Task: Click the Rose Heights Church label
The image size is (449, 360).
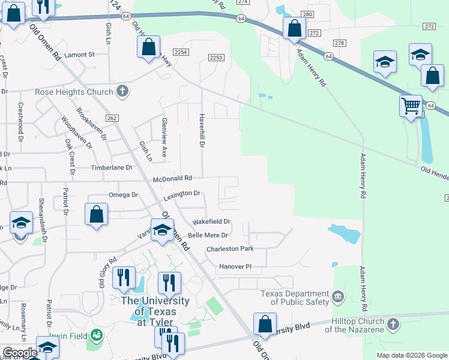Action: coord(74,92)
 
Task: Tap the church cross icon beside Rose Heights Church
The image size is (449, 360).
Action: coord(122,91)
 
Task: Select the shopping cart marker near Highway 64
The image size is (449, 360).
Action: coord(411,106)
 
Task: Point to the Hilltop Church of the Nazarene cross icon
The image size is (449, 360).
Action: coord(393,325)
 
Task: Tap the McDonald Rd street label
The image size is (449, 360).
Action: coord(172,178)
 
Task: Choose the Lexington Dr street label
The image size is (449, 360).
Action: coord(181,194)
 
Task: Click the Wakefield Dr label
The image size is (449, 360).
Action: coord(211,222)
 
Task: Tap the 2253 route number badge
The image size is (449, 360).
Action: coord(217,58)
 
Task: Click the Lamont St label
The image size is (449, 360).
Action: coord(80,55)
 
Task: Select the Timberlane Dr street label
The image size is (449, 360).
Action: coord(111,168)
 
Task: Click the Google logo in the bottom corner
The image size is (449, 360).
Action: coord(20,353)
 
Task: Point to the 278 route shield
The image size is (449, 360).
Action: coord(340,43)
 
